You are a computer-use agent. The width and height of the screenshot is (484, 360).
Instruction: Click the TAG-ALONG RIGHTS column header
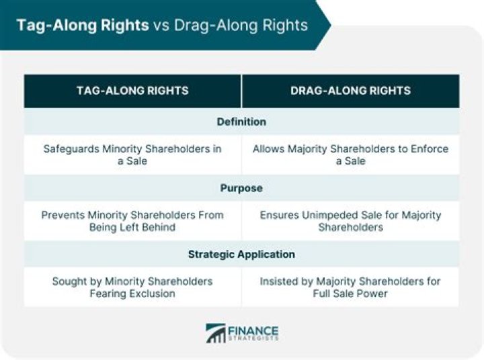[x=132, y=91]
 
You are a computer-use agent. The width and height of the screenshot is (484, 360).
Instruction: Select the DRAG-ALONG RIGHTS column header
[x=350, y=91]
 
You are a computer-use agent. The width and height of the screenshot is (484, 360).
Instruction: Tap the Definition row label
[x=241, y=122]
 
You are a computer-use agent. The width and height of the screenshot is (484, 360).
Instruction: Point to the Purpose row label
[x=241, y=188]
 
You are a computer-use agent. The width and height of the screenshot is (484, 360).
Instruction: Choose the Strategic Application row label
[x=241, y=255]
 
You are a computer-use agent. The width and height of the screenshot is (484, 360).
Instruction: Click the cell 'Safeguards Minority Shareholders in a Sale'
[x=132, y=155]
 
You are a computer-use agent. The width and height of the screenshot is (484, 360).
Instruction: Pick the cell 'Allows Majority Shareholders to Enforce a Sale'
[x=350, y=155]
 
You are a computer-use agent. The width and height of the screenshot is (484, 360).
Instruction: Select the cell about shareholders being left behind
[x=132, y=221]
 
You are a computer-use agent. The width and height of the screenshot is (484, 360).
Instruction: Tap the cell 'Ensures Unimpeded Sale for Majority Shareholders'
[x=350, y=221]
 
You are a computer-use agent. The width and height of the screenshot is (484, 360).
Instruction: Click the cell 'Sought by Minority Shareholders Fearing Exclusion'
[x=132, y=287]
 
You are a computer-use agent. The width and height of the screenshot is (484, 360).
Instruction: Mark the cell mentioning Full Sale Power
[x=350, y=287]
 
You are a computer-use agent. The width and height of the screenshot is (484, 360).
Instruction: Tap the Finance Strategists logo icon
[x=216, y=333]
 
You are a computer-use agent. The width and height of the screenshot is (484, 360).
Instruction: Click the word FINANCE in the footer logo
[x=253, y=330]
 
